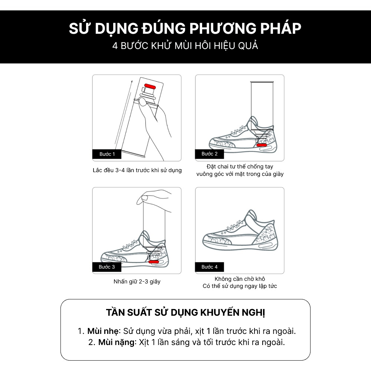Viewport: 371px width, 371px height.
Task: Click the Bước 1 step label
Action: [107, 154]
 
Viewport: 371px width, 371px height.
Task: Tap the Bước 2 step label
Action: [210, 154]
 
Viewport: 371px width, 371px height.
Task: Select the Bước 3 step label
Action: [107, 267]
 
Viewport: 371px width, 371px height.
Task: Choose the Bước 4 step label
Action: [210, 267]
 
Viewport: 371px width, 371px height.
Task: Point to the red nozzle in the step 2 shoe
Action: [262, 145]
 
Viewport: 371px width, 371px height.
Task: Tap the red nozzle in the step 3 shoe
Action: [153, 262]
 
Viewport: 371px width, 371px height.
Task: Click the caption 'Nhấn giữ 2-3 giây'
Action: [137, 282]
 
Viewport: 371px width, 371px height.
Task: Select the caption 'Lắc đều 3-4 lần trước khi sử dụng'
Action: [137, 170]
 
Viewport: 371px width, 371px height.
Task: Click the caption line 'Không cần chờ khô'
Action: [240, 279]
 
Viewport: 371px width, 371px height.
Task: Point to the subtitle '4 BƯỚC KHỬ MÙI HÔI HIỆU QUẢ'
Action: [185, 46]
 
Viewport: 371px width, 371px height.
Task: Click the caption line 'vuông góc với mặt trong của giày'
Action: [240, 174]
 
